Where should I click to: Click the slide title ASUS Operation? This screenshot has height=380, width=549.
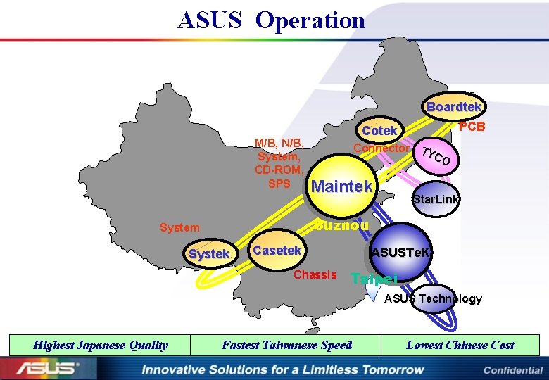click(272, 20)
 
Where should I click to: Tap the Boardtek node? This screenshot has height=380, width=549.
click(454, 107)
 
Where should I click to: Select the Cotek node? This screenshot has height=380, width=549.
click(380, 131)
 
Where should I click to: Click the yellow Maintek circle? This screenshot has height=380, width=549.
click(341, 187)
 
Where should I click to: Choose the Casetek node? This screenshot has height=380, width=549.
click(277, 251)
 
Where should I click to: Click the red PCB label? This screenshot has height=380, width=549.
click(472, 127)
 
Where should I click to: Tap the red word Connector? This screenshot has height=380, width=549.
click(381, 148)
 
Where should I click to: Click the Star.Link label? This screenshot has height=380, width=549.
click(436, 200)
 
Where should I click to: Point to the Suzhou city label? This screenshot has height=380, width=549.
click(341, 225)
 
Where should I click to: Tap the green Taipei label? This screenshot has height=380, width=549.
click(374, 278)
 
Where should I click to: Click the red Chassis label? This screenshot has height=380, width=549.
click(315, 274)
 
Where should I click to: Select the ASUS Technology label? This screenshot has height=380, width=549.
click(433, 298)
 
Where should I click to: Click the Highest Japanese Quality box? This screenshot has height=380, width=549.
click(101, 345)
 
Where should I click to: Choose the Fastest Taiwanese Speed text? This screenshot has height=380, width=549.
click(286, 345)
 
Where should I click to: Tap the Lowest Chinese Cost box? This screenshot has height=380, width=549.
click(460, 345)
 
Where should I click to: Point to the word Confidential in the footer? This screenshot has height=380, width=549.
click(512, 370)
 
